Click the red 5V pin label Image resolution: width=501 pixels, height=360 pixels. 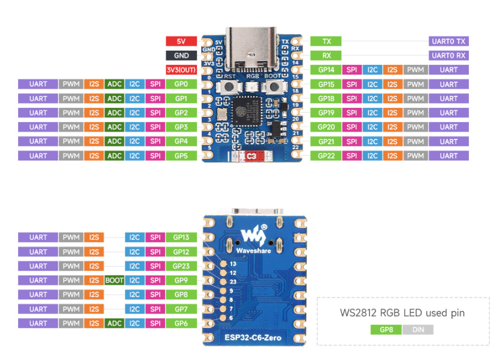coord(181,41)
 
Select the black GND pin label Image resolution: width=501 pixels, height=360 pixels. coord(181,55)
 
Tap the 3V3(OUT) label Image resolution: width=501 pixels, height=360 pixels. coord(181,70)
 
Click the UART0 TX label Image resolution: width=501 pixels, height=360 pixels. coord(449,41)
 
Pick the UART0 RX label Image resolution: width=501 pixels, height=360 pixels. coord(449,55)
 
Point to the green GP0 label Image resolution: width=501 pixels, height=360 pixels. coord(181,84)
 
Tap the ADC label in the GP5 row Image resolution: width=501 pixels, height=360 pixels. coord(115,156)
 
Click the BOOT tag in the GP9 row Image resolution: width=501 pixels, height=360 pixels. coord(114,281)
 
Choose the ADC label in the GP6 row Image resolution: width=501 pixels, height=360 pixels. coord(115,323)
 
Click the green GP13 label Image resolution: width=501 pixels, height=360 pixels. coord(181,237)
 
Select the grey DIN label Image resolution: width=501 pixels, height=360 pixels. coord(418,330)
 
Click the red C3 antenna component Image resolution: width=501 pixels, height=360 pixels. coord(251,156)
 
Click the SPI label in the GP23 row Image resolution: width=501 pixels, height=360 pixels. coord(155,266)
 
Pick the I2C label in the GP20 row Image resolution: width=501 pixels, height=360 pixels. coord(372,127)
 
